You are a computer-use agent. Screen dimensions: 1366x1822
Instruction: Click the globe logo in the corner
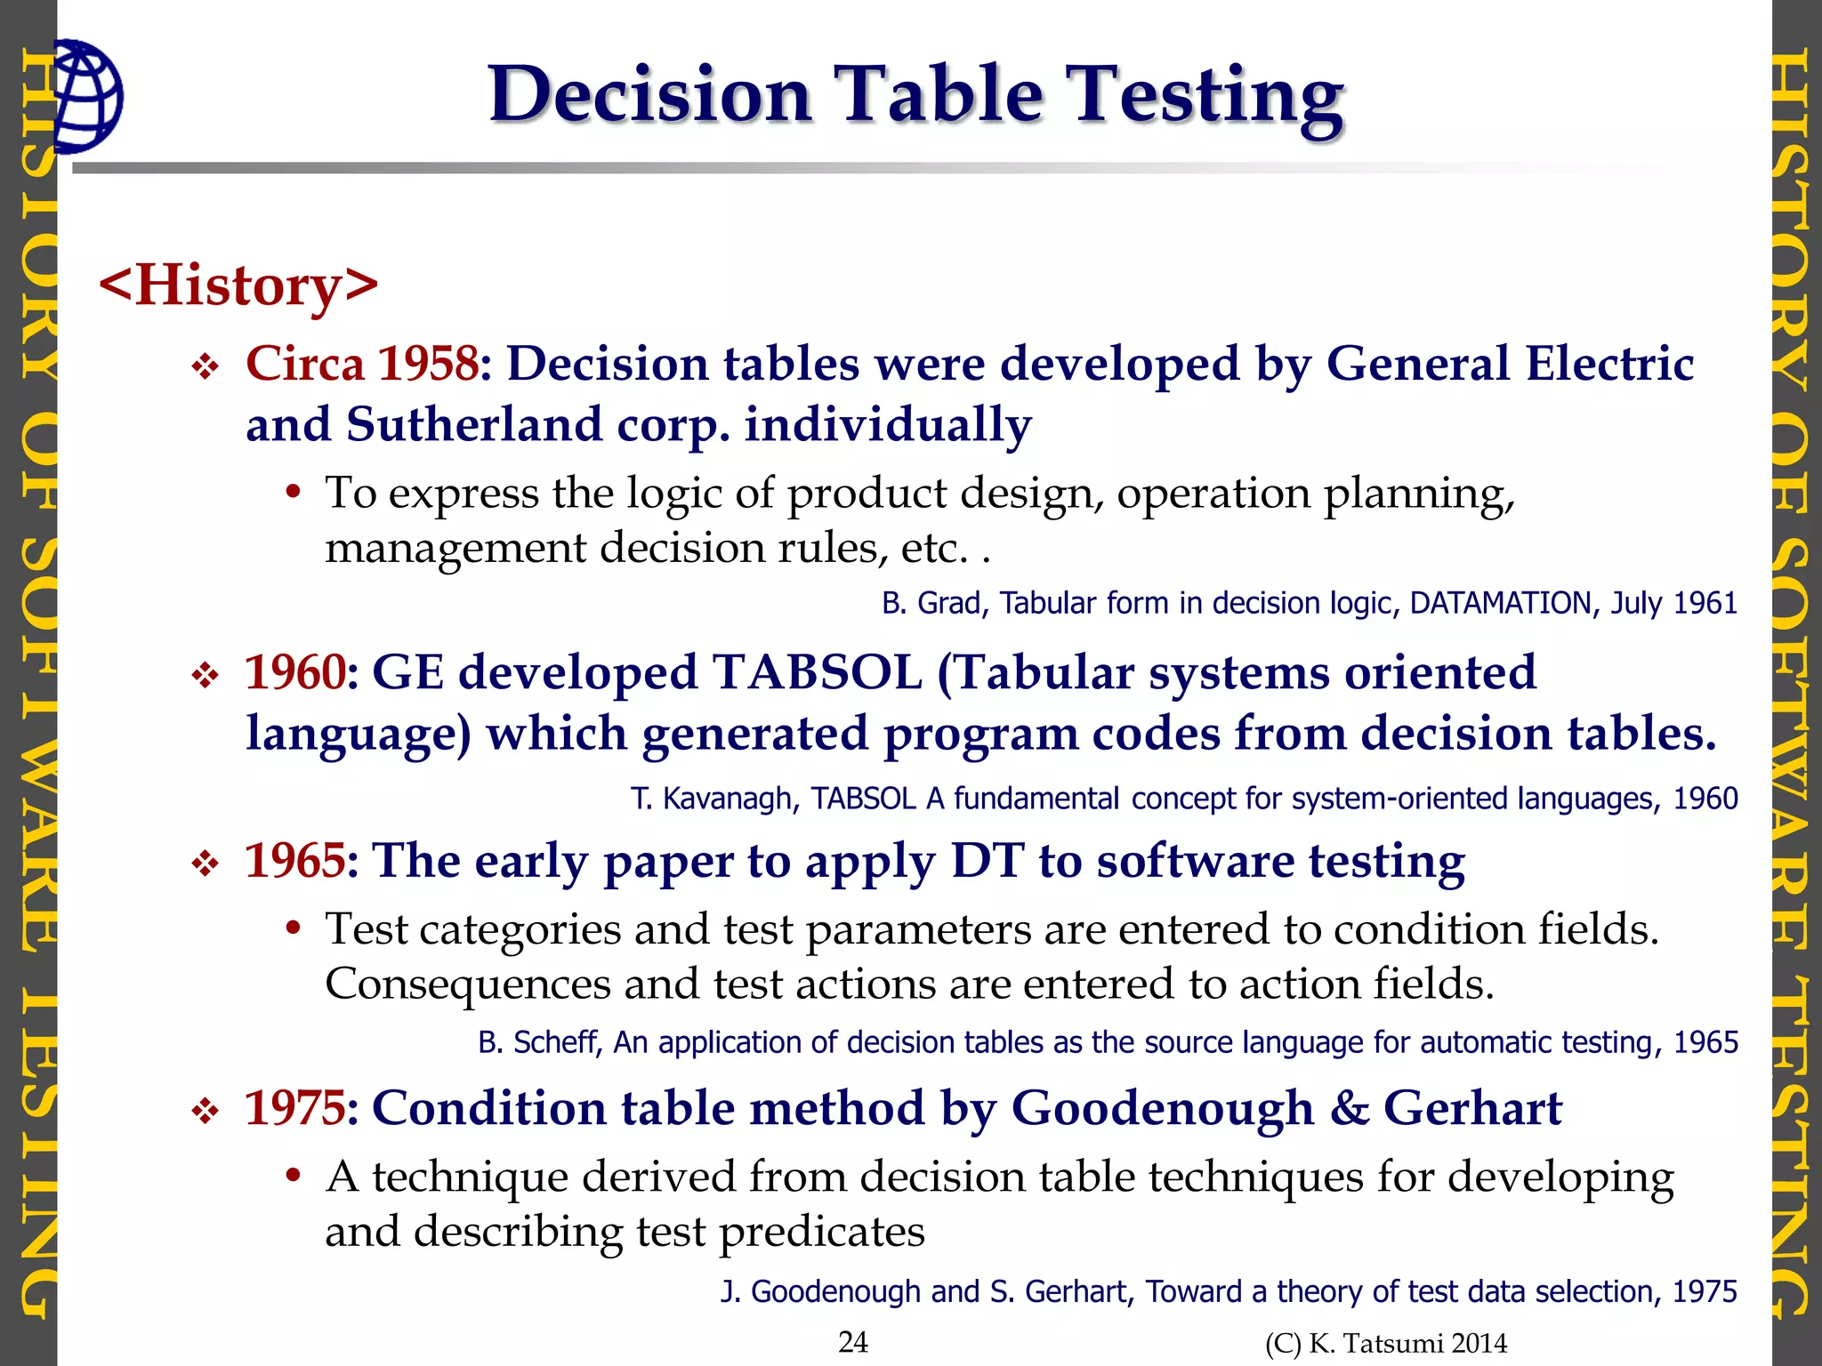[86, 96]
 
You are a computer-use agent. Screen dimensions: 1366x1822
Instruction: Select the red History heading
[238, 285]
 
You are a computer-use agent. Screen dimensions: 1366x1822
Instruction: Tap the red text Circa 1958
[362, 364]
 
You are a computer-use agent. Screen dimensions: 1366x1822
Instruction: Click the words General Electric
[1510, 364]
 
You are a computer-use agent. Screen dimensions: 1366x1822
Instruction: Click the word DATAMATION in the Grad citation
[1500, 603]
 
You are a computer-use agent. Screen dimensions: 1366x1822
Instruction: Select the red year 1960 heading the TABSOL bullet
[294, 672]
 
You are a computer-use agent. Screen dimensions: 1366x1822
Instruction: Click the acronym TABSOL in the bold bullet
[817, 672]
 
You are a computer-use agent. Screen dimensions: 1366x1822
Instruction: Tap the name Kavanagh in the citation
[730, 799]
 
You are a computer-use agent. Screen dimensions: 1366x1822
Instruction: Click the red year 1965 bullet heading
[294, 861]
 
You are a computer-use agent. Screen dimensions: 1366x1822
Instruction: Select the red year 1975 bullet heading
[294, 1108]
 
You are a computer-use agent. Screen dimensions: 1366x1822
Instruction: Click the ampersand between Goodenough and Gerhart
[1350, 1108]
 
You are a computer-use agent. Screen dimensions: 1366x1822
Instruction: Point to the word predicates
[821, 1232]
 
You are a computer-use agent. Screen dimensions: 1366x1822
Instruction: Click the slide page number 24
[853, 1341]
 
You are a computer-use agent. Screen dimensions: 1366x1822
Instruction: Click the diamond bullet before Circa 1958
[206, 366]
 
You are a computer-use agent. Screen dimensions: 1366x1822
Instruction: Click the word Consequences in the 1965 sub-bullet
[467, 984]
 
